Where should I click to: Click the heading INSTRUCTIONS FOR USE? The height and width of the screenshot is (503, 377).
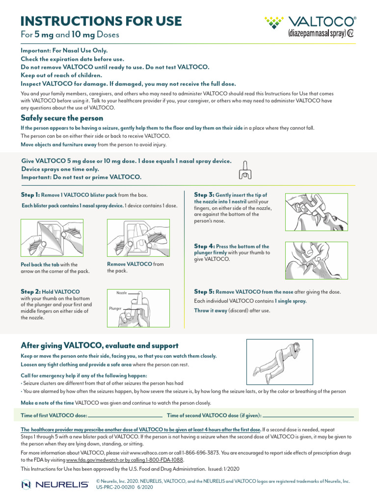tap(101, 21)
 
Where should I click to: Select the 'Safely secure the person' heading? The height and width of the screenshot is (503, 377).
tap(62, 118)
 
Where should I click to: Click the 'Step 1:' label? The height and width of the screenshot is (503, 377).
tap(30, 195)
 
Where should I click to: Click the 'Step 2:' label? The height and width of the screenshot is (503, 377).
tap(30, 291)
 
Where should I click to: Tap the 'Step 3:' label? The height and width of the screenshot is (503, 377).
tap(204, 195)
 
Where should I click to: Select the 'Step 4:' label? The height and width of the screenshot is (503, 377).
tap(204, 246)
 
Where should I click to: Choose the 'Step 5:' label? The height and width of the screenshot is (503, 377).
tap(204, 291)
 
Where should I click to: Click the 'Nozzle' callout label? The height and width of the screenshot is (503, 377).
tap(122, 293)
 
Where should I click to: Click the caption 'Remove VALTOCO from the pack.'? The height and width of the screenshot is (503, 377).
tap(135, 267)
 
